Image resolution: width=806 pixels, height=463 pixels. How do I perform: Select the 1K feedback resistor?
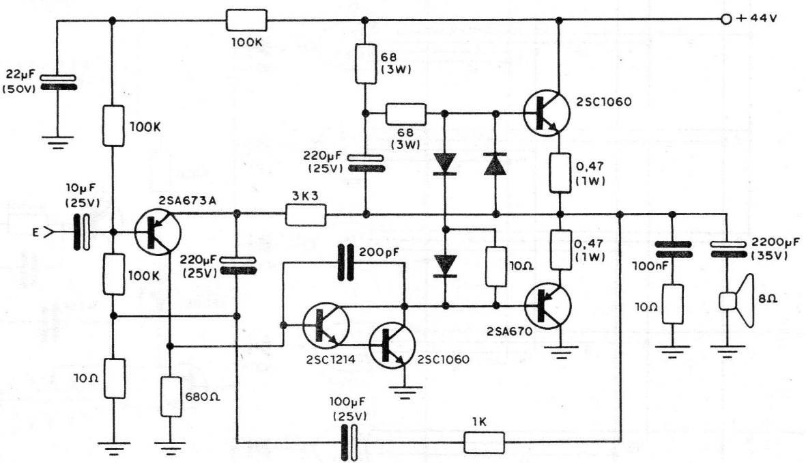pyautogui.click(x=485, y=442)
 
